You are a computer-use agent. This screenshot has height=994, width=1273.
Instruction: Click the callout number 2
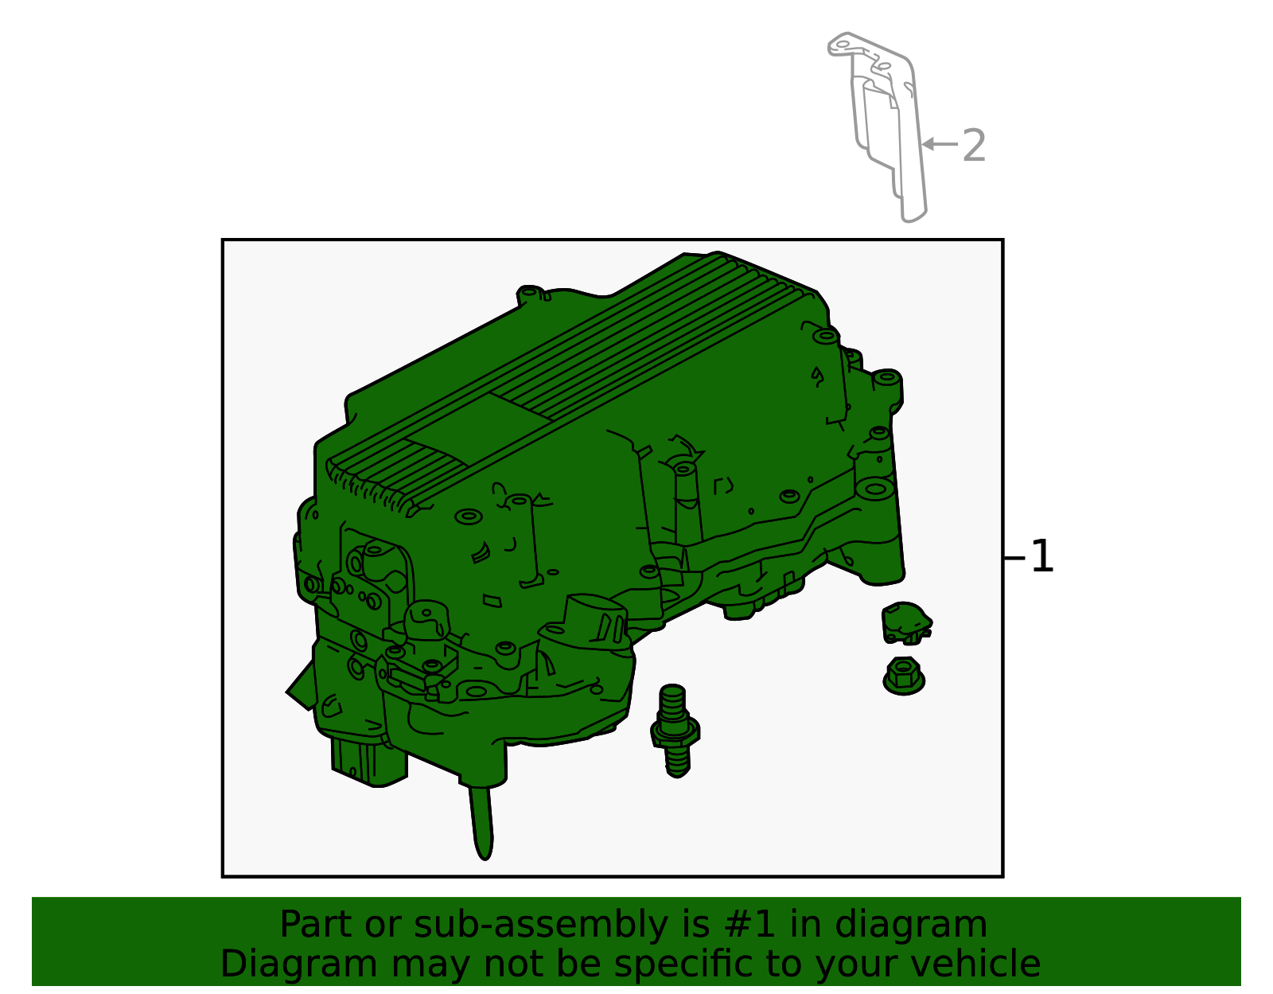tap(974, 146)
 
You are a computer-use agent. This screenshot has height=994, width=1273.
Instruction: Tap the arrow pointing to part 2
tap(940, 143)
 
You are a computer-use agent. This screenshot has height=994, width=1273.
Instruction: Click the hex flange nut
tap(903, 676)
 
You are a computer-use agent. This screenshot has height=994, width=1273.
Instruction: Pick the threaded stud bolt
tap(675, 731)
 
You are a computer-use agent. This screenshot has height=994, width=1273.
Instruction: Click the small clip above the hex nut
tap(905, 622)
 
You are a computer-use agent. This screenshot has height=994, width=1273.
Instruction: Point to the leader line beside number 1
tap(1014, 558)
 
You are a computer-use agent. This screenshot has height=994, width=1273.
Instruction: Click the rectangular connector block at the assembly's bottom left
tap(369, 761)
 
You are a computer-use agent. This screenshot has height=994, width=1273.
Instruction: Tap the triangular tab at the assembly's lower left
tap(301, 687)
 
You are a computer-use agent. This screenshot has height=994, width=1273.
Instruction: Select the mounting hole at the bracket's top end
tap(843, 44)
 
